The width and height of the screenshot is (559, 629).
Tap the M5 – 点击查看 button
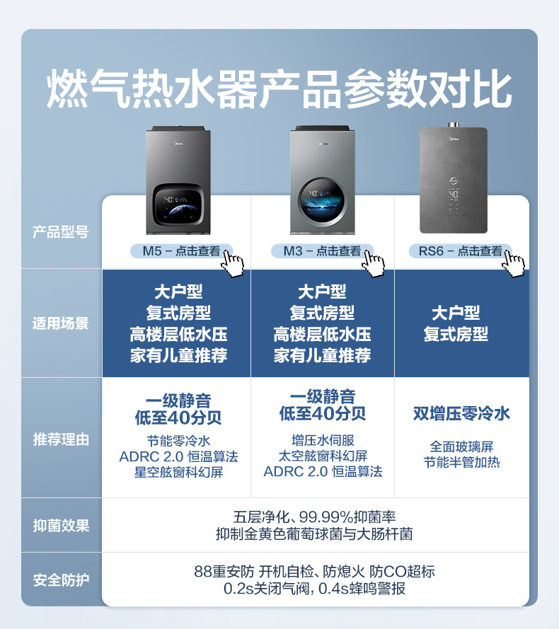(181, 251)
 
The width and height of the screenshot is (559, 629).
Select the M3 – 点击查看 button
(322, 251)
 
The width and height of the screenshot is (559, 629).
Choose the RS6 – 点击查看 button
(460, 251)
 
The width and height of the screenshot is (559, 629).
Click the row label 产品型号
(61, 232)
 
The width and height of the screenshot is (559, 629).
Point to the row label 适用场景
(61, 324)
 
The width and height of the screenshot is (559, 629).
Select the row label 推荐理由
(61, 439)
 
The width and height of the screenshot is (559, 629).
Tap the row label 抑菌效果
(61, 526)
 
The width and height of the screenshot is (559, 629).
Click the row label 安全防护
(61, 581)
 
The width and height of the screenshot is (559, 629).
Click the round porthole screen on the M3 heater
(322, 198)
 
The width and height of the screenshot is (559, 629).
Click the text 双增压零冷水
(461, 414)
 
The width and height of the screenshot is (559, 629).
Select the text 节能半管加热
(461, 463)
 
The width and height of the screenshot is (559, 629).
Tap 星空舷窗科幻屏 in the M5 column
(178, 473)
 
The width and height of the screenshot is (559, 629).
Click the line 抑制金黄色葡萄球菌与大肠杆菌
(314, 534)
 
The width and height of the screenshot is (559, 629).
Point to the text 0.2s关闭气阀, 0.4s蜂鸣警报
(314, 589)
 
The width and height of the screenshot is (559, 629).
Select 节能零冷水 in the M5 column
(178, 440)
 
